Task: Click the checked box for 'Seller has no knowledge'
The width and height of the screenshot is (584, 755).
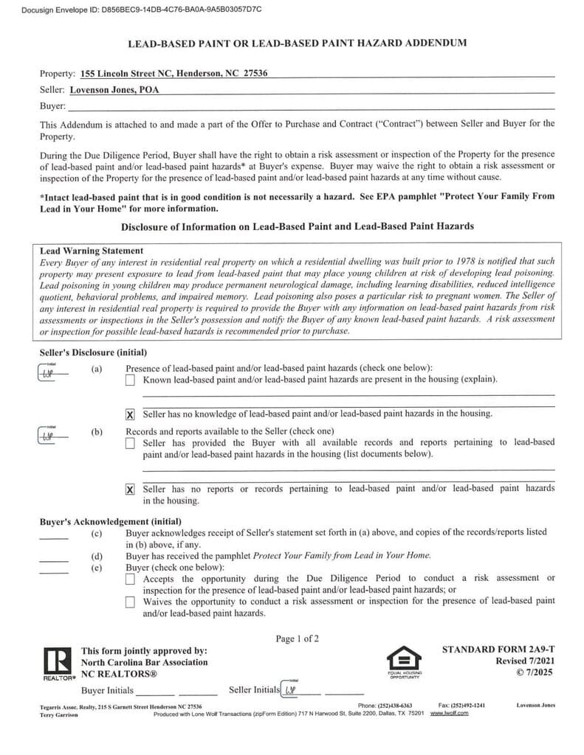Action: pos(130,414)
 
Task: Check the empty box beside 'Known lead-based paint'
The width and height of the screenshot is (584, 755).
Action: pos(130,380)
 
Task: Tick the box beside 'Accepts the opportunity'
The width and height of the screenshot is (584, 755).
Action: pos(130,580)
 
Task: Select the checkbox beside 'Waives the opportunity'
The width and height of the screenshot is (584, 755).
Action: pos(130,602)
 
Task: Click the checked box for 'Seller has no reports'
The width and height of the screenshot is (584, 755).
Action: pos(130,490)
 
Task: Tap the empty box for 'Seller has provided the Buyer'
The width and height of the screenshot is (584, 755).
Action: pos(130,443)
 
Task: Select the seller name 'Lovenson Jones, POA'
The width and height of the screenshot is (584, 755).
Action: pos(114,90)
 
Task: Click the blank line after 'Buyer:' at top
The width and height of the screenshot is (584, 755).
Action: pos(310,106)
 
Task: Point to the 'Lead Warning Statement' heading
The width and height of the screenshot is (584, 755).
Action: pos(92,251)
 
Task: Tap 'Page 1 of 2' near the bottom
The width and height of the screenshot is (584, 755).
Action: pos(298,639)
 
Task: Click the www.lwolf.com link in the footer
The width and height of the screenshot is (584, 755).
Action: pos(449,714)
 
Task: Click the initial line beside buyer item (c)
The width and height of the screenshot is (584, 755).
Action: pos(53,537)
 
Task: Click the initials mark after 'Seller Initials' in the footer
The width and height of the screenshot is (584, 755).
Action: pos(291,691)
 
